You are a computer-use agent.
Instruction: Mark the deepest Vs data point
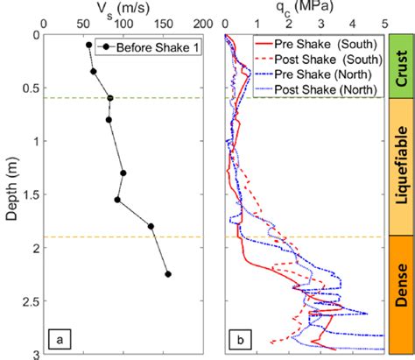pyautogui.click(x=168, y=274)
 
